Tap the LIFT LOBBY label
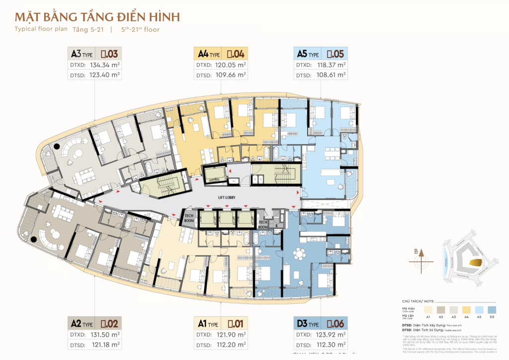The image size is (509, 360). [x=226, y=197]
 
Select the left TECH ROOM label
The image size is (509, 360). [x=189, y=219]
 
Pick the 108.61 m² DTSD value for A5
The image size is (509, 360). [x=328, y=75]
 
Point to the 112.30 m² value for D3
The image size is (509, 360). [x=328, y=345]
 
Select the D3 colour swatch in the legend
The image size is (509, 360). [x=492, y=309]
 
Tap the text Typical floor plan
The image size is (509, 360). [x=37, y=29]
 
